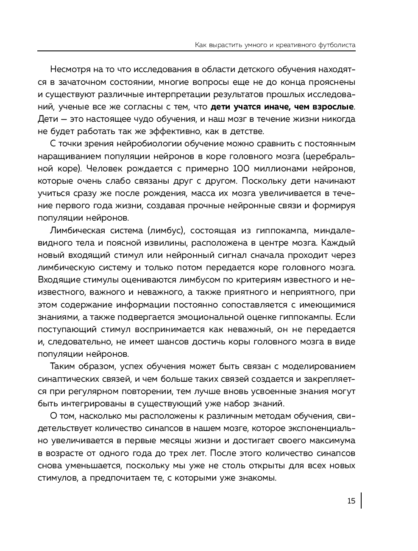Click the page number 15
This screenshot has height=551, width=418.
pos(351,501)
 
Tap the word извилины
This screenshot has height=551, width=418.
pos(162,243)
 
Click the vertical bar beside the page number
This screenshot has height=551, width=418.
pos(361,501)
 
